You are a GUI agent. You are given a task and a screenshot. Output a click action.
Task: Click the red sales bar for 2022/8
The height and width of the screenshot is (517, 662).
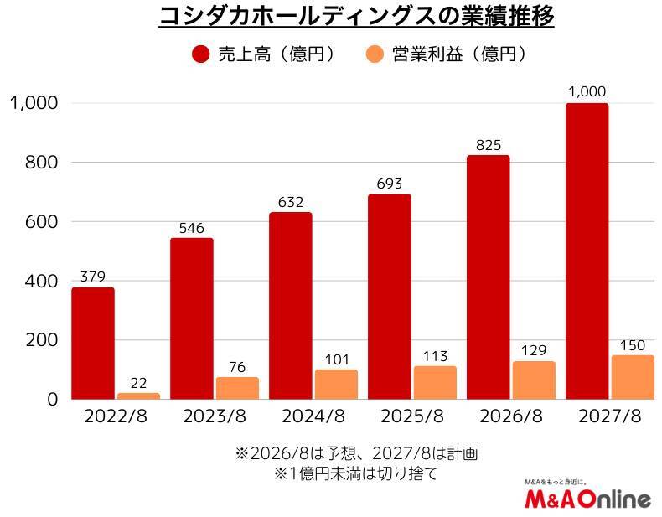tap(93, 344)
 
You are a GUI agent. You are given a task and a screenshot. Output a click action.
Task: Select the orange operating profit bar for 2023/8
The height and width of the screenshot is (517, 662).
tap(237, 388)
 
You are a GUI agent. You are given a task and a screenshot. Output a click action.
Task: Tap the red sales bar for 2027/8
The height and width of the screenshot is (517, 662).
tap(587, 251)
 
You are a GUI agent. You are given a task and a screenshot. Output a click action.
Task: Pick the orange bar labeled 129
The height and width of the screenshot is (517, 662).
tap(534, 380)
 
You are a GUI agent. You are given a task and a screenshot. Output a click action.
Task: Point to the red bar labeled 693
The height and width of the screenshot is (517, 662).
tap(390, 297)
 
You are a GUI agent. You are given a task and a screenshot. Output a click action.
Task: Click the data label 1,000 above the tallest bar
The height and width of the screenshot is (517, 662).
tap(587, 91)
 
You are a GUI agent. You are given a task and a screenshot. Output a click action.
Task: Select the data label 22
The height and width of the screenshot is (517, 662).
tap(139, 383)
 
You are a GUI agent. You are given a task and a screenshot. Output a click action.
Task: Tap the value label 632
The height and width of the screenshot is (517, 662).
tap(290, 202)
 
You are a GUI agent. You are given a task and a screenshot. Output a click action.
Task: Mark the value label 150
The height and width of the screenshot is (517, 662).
tap(633, 345)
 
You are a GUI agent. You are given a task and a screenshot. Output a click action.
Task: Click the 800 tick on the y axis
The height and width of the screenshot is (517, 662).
tap(39, 163)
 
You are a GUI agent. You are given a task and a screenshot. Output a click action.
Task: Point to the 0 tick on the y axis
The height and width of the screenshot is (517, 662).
tap(51, 400)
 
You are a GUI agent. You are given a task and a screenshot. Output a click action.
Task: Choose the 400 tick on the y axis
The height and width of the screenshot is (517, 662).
tap(39, 282)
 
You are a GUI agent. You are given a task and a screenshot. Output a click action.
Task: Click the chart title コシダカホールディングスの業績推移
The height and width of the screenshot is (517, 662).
tap(356, 18)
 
